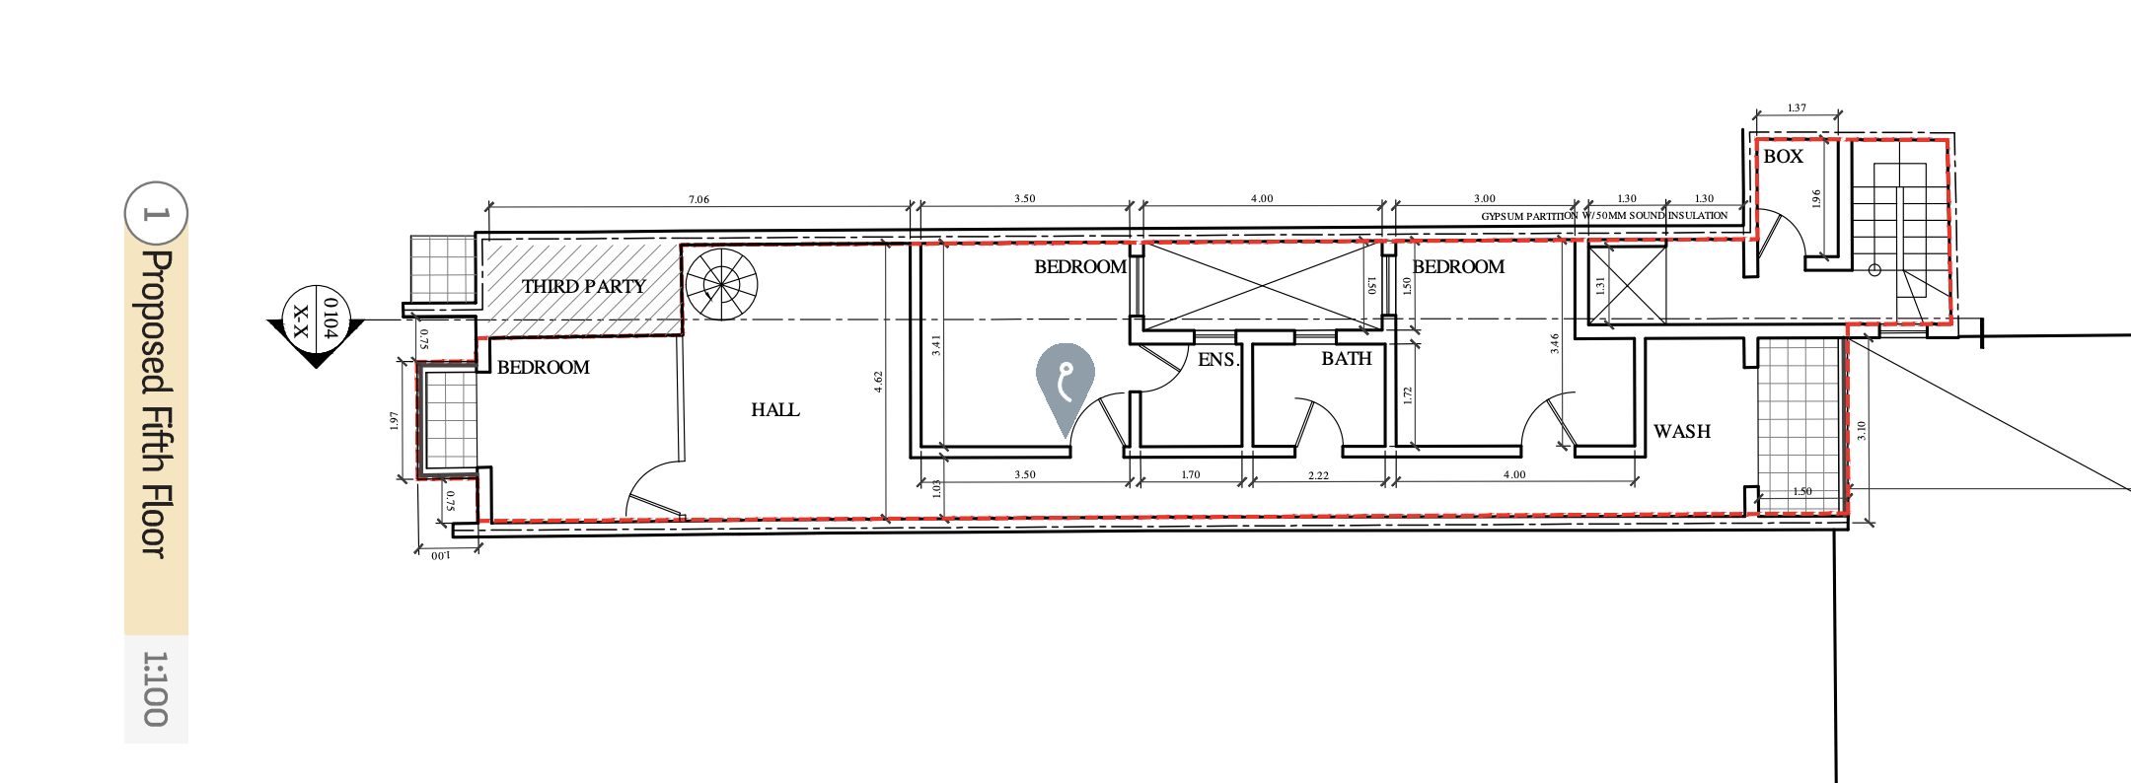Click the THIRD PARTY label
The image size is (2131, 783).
pos(583,286)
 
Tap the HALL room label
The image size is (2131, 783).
pos(775,409)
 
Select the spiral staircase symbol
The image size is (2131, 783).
pos(721,284)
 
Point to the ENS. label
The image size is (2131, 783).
pos(1218,360)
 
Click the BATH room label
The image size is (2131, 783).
pos(1347,359)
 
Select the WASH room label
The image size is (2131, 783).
pos(1682,431)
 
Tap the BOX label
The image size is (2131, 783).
pos(1783,156)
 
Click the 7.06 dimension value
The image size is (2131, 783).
pos(698,199)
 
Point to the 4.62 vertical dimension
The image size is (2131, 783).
pos(878,383)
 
